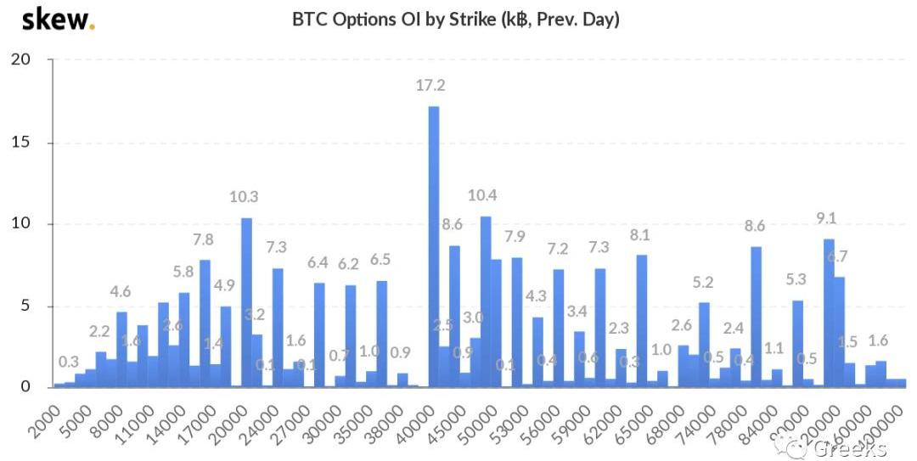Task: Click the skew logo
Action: coord(58,19)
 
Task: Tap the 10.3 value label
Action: coord(244,197)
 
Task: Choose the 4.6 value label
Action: coord(122,292)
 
